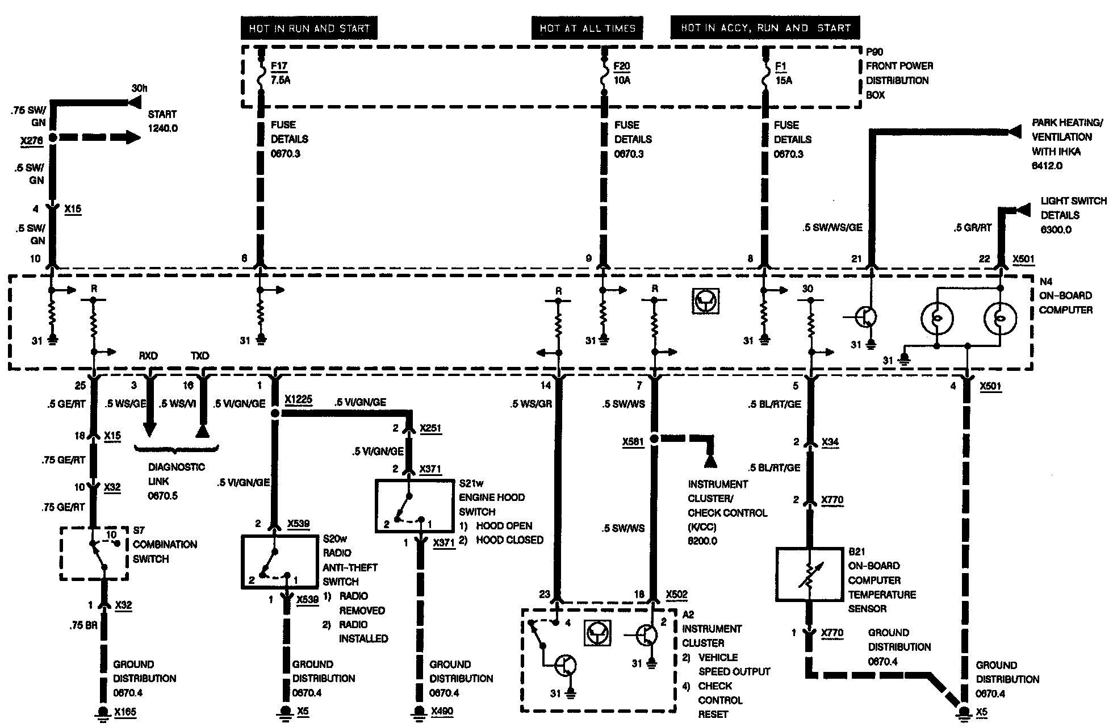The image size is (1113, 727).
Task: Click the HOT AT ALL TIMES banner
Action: [x=587, y=28]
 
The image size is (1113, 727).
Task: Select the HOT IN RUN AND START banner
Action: [x=309, y=28]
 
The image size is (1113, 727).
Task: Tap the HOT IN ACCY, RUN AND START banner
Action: [x=765, y=28]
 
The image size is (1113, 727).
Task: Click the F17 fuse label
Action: [x=279, y=66]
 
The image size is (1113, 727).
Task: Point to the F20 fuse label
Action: [x=622, y=66]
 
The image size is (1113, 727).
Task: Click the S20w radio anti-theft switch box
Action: [x=279, y=561]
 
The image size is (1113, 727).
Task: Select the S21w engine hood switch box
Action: [x=415, y=506]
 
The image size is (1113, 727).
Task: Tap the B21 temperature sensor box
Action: [x=809, y=574]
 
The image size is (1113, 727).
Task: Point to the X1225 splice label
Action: [x=299, y=399]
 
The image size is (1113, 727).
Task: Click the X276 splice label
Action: [x=31, y=141]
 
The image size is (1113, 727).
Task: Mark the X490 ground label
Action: [x=442, y=711]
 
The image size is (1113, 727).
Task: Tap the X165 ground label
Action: [x=125, y=712]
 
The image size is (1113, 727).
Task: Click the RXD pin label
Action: [x=148, y=356]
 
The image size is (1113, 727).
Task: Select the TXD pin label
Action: [x=200, y=356]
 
